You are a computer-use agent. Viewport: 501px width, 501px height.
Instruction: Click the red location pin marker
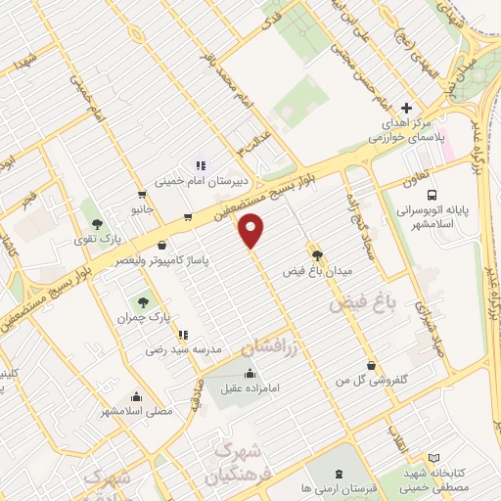point(252,230)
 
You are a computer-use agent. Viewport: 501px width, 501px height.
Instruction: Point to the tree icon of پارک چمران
point(144,301)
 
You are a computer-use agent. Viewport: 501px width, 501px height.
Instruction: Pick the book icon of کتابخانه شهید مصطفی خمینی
point(433,458)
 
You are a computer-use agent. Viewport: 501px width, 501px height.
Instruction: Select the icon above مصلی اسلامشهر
point(136,396)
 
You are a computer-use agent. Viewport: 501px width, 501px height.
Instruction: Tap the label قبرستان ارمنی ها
point(337,486)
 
